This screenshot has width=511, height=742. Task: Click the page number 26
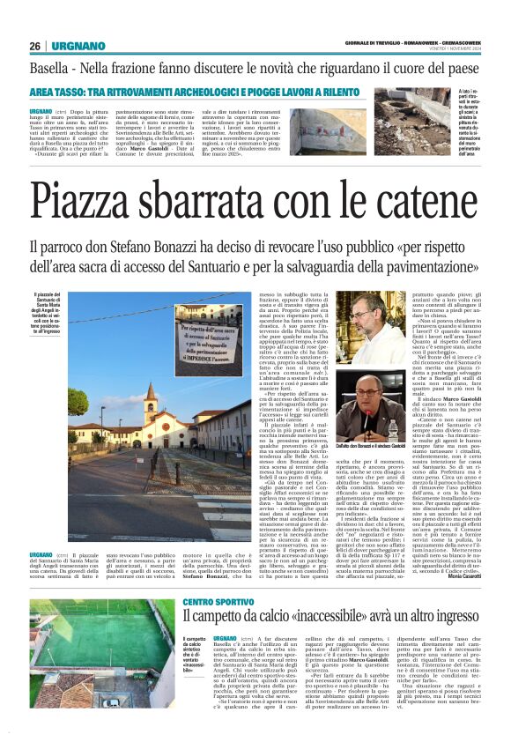pyautogui.click(x=35, y=46)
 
